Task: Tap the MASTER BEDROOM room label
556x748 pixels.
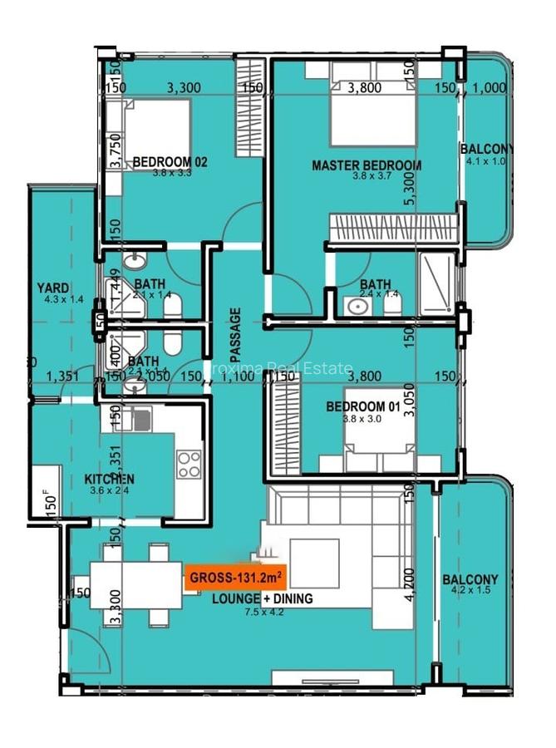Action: [x=367, y=165]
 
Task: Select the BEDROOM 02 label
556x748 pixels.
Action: [x=170, y=162]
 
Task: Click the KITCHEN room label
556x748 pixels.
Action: [x=111, y=480]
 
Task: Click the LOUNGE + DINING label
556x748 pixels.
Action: [x=263, y=598]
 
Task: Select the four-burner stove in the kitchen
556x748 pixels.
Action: [x=189, y=464]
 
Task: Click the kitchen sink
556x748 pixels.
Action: [x=139, y=421]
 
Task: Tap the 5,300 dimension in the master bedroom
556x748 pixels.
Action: [x=408, y=191]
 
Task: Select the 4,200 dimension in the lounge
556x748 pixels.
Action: [x=408, y=584]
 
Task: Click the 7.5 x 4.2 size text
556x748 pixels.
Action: [x=263, y=613]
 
